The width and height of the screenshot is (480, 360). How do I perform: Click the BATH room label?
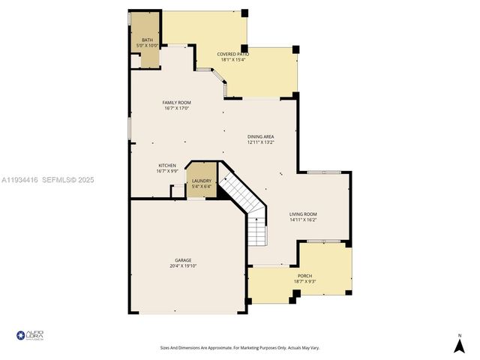[146, 40]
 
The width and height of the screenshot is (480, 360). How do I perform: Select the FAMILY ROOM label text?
[177, 102]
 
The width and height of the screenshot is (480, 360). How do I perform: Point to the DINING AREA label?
[261, 136]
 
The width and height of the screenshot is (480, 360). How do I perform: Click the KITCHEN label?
[166, 165]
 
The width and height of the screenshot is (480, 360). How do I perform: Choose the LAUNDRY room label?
[201, 181]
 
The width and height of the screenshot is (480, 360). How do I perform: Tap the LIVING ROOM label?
[303, 214]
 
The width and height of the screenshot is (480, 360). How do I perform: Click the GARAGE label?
[183, 260]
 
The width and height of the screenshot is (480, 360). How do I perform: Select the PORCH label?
[304, 275]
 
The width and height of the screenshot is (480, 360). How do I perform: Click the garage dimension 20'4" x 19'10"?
[183, 265]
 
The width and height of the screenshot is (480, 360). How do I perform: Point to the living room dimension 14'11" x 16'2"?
[303, 220]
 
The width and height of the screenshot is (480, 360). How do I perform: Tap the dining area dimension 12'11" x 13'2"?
[261, 142]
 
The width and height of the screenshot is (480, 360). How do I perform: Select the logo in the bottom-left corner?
[30, 335]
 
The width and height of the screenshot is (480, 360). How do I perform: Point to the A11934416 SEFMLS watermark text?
[48, 180]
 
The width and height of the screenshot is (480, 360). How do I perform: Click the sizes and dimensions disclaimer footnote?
[239, 347]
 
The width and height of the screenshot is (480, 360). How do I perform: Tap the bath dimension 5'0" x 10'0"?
[146, 46]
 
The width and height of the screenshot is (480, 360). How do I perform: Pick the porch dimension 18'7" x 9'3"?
[304, 281]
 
